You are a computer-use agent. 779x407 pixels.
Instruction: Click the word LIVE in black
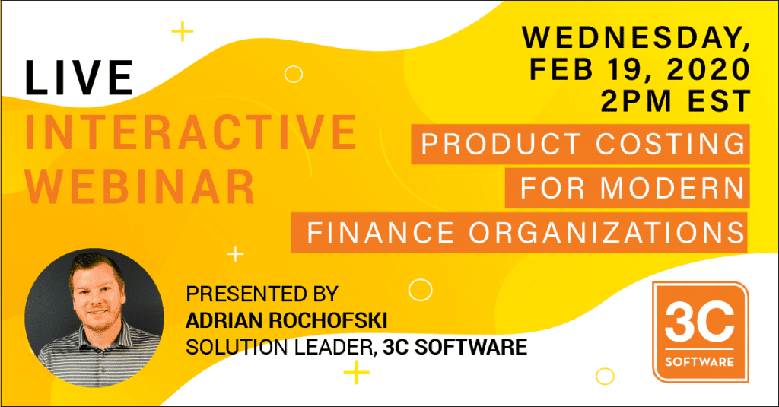(79, 78)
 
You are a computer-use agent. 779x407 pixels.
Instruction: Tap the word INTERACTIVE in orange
(191, 132)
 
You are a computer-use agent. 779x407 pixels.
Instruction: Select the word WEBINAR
(140, 186)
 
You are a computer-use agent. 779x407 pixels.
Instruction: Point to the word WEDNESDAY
(631, 37)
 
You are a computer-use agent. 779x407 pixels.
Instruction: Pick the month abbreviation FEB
(561, 69)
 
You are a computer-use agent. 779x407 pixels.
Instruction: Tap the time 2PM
(636, 101)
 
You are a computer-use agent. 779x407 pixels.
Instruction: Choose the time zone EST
(719, 101)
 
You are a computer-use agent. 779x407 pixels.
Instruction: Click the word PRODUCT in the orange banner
(501, 144)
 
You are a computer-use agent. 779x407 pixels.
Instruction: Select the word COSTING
(670, 144)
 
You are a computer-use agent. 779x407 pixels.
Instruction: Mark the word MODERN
(672, 189)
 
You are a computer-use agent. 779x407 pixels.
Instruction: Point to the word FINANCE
(380, 233)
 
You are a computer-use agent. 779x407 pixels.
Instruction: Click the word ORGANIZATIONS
(606, 233)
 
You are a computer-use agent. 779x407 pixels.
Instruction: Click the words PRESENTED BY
(262, 294)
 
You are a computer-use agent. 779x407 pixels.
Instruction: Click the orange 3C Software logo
(701, 332)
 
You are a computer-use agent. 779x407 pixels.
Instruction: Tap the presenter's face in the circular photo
(97, 294)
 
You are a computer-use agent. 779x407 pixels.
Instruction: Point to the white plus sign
(236, 254)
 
